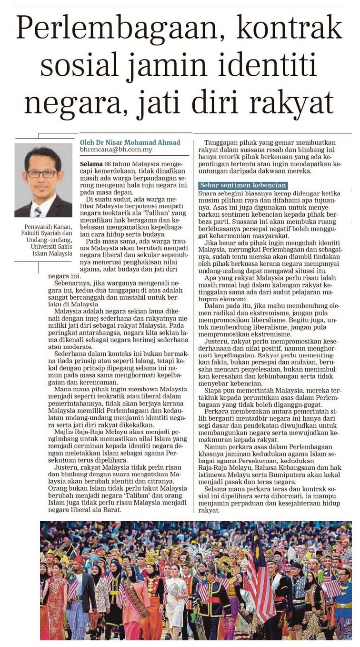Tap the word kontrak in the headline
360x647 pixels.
pos(290,30)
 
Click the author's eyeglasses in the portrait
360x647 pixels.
pos(43,173)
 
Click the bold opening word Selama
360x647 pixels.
pos(91,164)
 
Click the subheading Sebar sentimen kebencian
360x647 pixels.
pos(243,185)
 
